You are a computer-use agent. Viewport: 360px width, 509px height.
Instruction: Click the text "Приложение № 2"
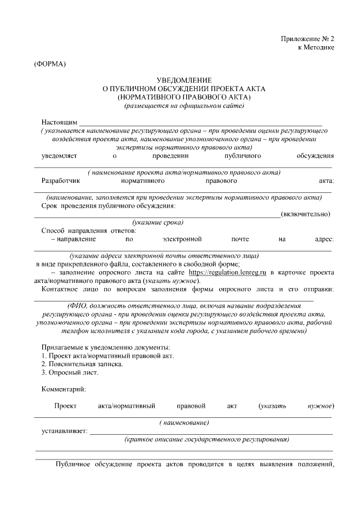307,39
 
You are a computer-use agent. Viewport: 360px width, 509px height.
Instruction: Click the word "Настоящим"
59,122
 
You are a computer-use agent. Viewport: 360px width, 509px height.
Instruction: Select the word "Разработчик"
62,181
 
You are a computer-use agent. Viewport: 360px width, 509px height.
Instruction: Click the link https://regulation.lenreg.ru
227,272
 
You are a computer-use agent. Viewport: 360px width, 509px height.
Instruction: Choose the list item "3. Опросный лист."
70,373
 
